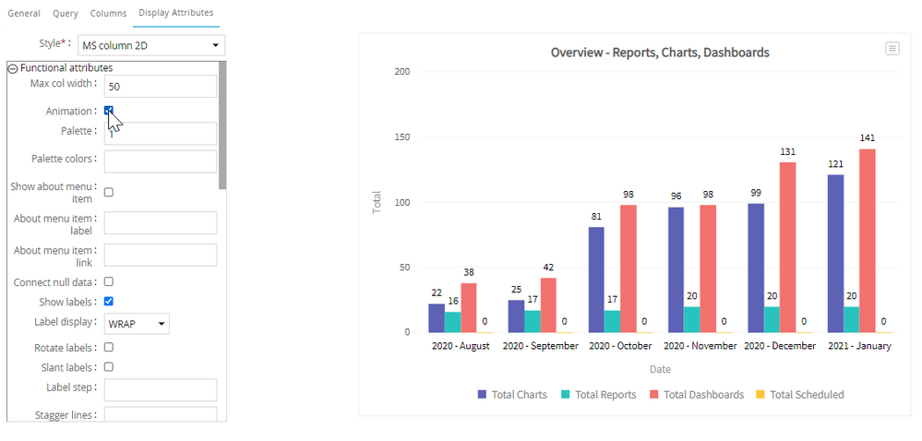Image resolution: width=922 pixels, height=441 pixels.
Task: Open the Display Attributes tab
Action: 175,12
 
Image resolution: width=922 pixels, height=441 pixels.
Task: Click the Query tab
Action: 66,13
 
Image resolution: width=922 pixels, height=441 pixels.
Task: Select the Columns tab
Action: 108,13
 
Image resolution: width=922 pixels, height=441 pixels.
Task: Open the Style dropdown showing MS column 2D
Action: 151,44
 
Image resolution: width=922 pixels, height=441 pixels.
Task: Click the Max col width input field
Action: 161,87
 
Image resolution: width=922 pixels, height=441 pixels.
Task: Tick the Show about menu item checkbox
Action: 109,192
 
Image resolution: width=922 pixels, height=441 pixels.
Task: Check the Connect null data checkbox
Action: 109,281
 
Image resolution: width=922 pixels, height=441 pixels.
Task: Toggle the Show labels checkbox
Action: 109,301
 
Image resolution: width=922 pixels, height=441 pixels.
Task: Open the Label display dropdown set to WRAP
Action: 137,324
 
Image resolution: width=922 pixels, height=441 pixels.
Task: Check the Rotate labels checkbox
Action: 109,347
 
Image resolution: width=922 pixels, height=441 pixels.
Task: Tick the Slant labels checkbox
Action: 109,367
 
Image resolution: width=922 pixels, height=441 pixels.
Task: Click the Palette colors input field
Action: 161,161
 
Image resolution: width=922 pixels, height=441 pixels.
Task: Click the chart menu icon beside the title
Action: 892,49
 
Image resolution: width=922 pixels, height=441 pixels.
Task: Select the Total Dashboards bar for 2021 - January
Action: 868,241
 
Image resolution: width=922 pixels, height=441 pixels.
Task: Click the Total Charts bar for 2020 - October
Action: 596,280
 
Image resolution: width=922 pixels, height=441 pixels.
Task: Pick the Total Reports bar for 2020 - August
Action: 453,322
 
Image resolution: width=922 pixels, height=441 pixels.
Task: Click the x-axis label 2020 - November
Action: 700,346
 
